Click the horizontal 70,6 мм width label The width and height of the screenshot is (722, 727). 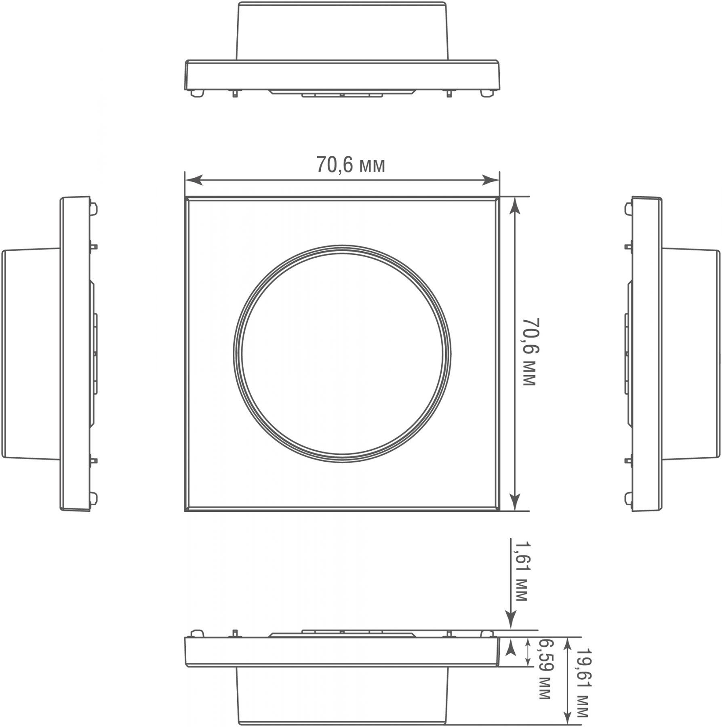(350, 165)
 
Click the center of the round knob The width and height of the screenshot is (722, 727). (342, 353)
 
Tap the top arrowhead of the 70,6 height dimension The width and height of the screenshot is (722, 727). (514, 206)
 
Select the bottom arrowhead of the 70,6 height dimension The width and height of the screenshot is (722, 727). (514, 502)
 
